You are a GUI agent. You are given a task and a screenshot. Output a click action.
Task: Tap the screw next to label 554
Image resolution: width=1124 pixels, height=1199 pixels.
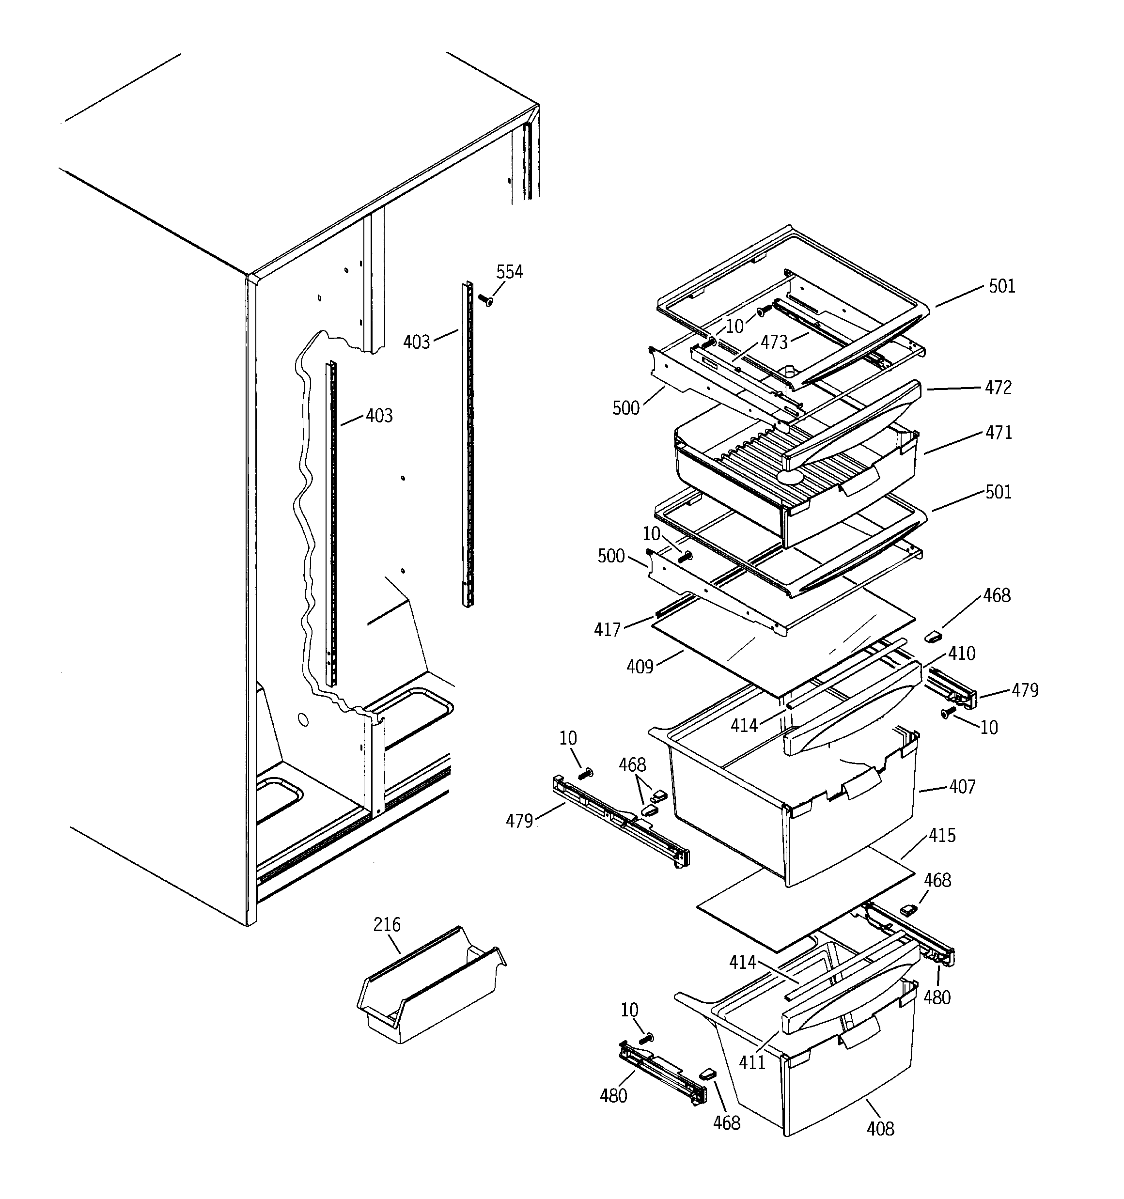coord(485,299)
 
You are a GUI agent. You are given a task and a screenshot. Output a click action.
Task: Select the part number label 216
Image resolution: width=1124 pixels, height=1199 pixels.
coord(387,925)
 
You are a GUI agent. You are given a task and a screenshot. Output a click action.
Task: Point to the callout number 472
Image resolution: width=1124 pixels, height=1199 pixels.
coord(998,388)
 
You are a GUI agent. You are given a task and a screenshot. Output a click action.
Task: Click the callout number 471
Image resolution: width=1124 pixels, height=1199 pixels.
coord(999,433)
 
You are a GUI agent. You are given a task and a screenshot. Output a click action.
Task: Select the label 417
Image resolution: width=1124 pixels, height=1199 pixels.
coord(607,630)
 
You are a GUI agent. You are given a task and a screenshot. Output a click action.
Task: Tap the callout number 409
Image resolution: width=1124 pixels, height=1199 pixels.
coord(640,667)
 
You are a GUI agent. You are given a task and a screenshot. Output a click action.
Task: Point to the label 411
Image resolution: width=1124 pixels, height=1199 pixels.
coord(752,1062)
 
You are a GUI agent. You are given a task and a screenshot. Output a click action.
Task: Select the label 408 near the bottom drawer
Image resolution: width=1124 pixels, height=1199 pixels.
coord(880,1128)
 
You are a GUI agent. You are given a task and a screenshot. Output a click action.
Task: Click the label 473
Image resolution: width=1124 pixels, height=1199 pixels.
coord(774,343)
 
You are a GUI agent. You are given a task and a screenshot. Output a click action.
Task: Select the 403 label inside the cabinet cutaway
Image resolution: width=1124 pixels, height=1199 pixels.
coord(379,416)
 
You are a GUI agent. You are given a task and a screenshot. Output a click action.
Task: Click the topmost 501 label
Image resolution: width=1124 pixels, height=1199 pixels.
coord(1001,286)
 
